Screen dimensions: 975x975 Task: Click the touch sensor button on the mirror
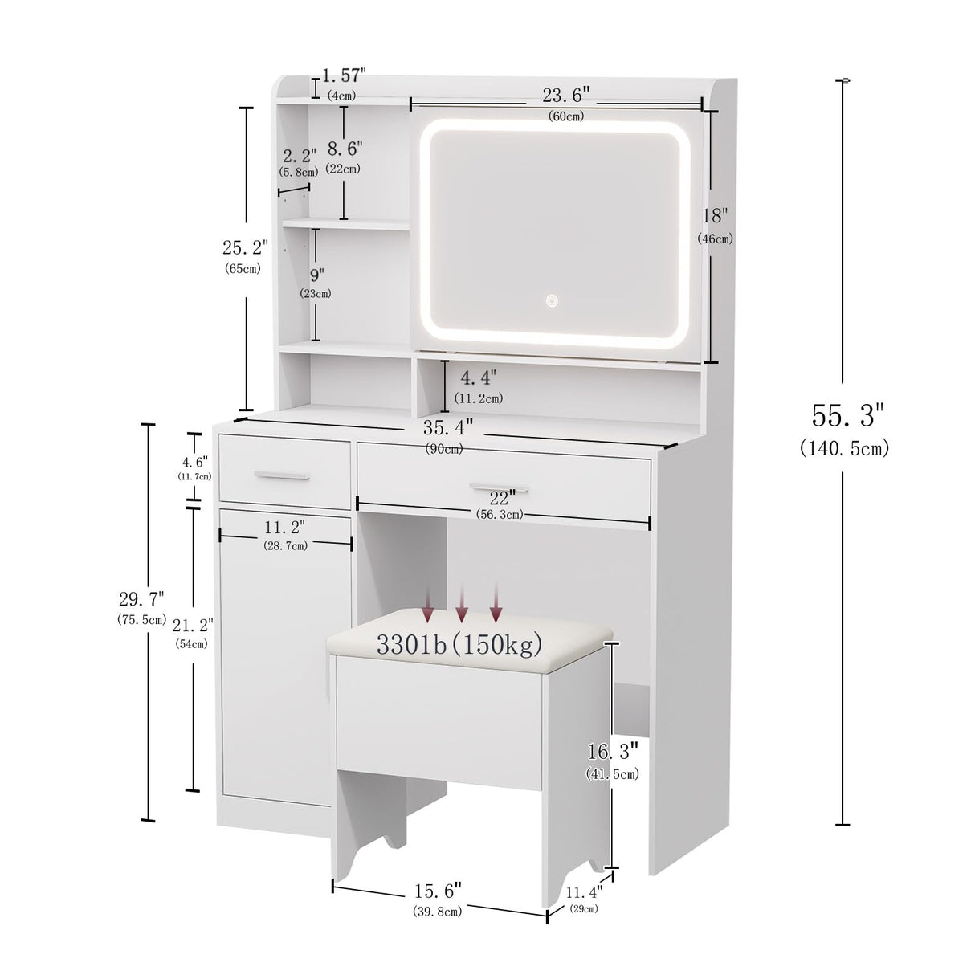552,300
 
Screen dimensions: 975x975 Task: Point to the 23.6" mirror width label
566,96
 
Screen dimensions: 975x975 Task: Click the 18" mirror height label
714,216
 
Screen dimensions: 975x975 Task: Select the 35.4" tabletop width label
447,426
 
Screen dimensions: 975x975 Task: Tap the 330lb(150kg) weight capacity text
460,643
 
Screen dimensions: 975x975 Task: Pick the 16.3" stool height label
612,753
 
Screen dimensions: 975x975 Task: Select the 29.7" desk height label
141,599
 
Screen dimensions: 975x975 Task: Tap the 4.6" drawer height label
194,462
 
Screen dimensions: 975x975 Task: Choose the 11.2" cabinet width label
284,527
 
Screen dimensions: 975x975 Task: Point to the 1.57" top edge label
344,75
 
